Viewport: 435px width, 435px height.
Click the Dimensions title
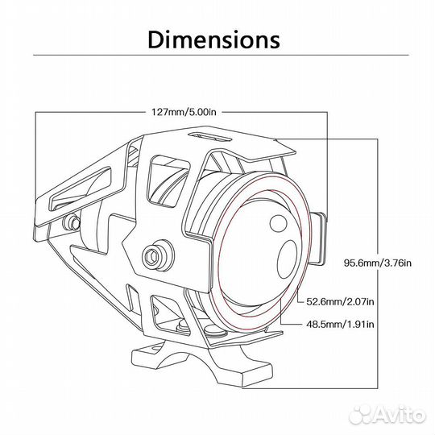pyautogui.click(x=213, y=40)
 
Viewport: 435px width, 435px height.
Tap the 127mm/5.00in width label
pyautogui.click(x=184, y=112)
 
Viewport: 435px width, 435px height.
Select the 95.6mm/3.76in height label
pyautogui.click(x=378, y=263)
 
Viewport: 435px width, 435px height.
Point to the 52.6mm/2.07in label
pyautogui.click(x=340, y=301)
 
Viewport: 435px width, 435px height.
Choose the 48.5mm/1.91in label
pyautogui.click(x=340, y=324)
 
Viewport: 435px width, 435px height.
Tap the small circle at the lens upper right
pyautogui.click(x=278, y=224)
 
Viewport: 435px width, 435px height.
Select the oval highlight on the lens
pyautogui.click(x=287, y=259)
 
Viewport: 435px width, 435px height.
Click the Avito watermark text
pyautogui.click(x=387, y=415)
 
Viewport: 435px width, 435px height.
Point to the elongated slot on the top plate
pyautogui.click(x=209, y=137)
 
